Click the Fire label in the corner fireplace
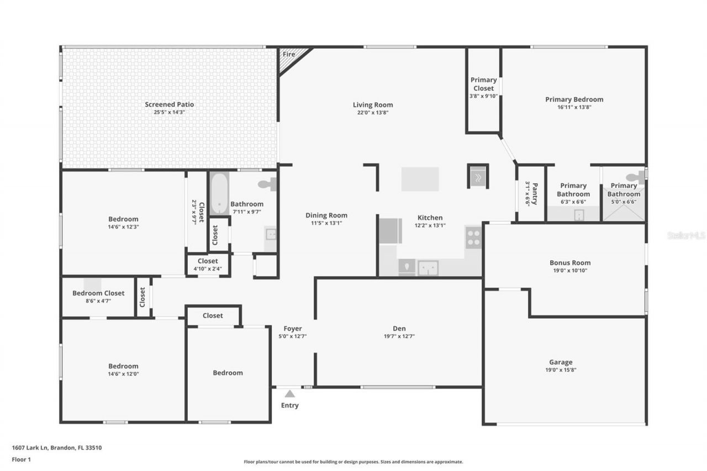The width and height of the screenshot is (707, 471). point(289,54)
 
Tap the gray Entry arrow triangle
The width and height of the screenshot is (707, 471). point(290,394)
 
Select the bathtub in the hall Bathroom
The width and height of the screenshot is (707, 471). point(219,194)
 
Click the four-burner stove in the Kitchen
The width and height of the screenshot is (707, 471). point(473,237)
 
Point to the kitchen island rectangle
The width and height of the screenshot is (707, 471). point(420,179)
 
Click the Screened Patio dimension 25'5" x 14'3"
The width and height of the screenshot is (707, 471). point(170,112)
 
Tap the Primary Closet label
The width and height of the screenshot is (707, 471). point(483,84)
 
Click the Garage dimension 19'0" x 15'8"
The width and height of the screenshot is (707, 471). point(561,370)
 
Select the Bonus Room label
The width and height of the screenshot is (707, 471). point(570,263)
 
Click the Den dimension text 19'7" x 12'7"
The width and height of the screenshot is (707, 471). point(399,337)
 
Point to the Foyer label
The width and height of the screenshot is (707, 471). point(293,329)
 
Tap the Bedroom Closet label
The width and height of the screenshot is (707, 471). point(98,293)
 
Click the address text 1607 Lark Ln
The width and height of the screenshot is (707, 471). point(30,448)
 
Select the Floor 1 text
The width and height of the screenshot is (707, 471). point(22,459)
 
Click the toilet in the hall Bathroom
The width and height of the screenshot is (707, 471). point(267,184)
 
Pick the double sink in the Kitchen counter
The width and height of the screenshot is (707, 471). point(428,268)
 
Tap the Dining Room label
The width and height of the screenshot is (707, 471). point(326,215)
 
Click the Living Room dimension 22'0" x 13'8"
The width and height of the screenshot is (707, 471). point(373,113)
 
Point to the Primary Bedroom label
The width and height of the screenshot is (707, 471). point(574,100)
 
